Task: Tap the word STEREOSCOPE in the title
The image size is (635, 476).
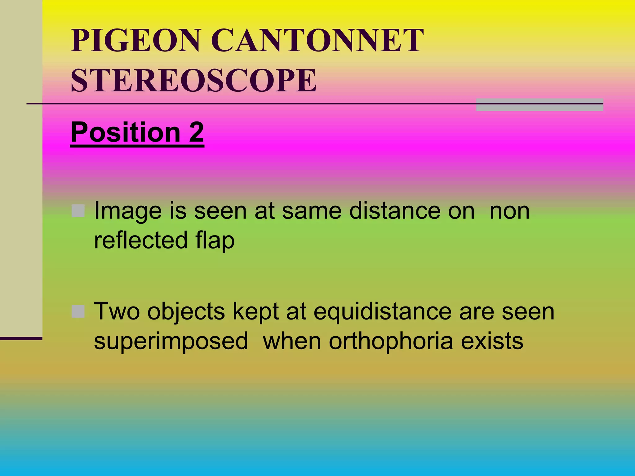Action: point(194,81)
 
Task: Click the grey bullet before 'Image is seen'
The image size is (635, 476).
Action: point(78,211)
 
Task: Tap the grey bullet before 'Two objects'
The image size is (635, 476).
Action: point(78,311)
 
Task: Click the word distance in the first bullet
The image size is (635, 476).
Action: point(395,211)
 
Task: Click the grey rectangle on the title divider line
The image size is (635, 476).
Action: point(540,105)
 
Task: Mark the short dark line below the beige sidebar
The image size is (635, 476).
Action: point(21,338)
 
